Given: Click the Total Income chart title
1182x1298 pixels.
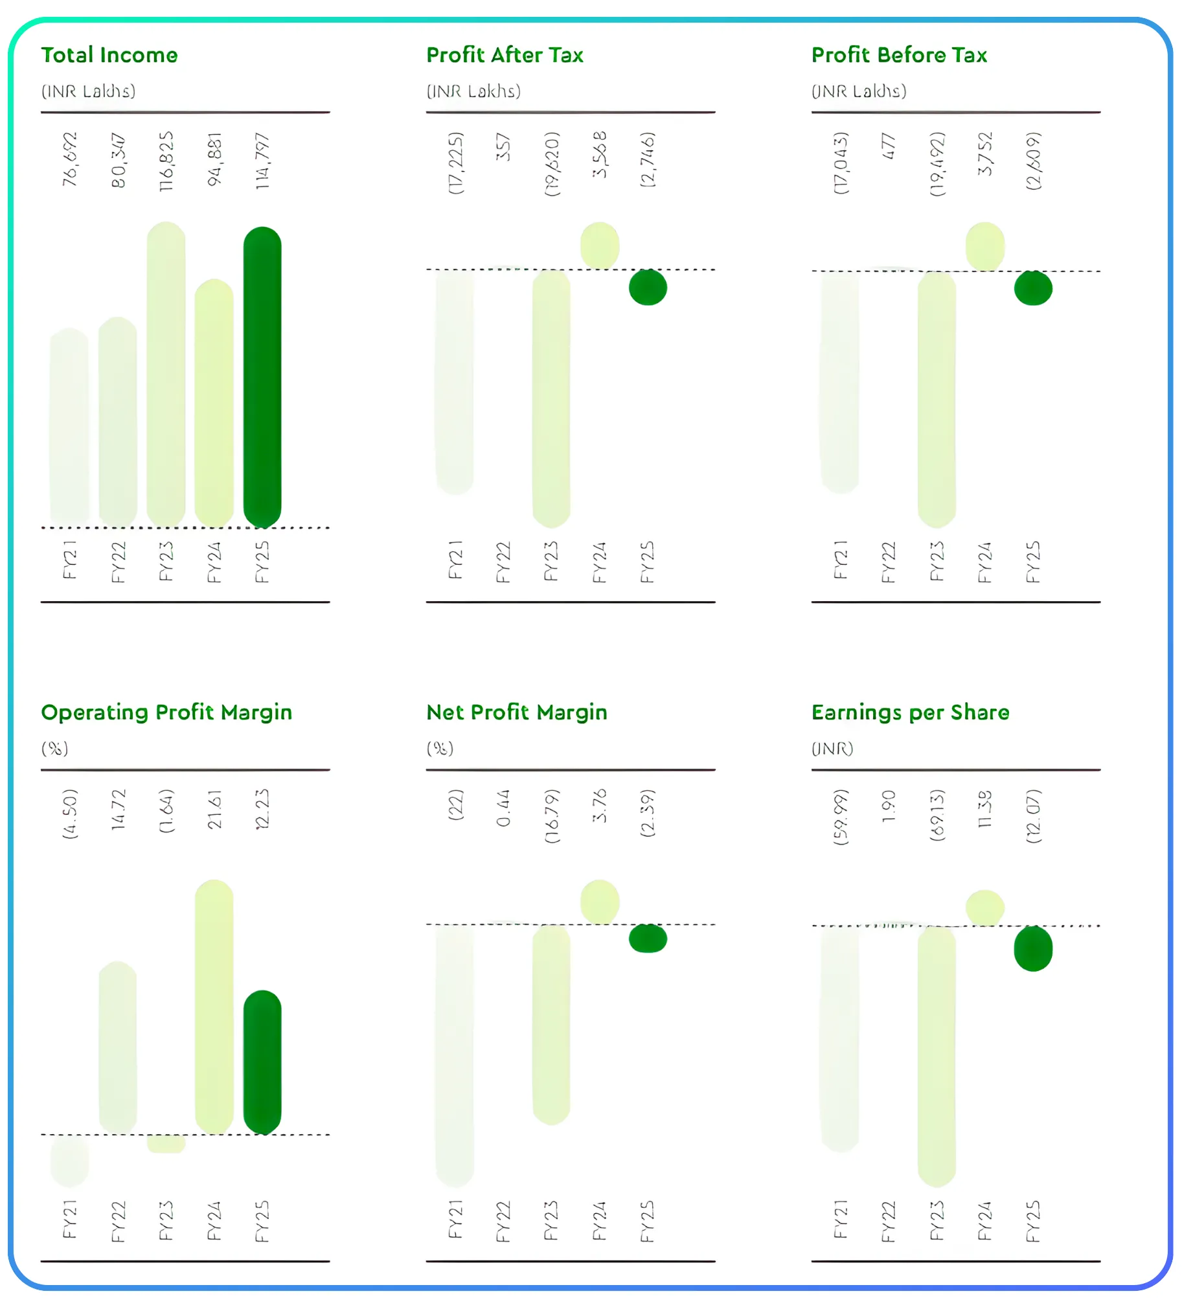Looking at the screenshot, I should [109, 55].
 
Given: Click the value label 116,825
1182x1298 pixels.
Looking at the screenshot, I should [166, 161].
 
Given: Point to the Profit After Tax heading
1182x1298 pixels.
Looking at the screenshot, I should [505, 55].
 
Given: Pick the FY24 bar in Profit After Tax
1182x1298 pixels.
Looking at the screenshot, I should [599, 245].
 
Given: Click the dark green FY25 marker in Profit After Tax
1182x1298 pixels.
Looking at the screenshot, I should [648, 287].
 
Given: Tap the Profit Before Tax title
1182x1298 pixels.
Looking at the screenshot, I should [899, 55].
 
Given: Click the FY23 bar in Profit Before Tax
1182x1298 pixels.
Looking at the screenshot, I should [937, 398].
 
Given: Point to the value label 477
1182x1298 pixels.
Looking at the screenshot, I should [888, 146].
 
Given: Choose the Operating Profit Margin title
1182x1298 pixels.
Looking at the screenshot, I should [166, 712].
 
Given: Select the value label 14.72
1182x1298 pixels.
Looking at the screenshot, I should [118, 810].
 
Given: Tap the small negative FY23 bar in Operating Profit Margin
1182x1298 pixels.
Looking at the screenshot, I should [166, 1143].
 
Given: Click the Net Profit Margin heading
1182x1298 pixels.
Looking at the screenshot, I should [517, 712].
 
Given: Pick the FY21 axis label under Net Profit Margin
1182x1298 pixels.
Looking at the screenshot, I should [455, 1219].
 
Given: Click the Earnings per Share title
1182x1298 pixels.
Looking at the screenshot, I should [910, 712].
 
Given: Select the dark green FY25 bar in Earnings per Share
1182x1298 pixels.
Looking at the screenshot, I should [1033, 948].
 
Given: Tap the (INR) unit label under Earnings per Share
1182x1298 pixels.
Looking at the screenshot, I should [832, 749].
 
